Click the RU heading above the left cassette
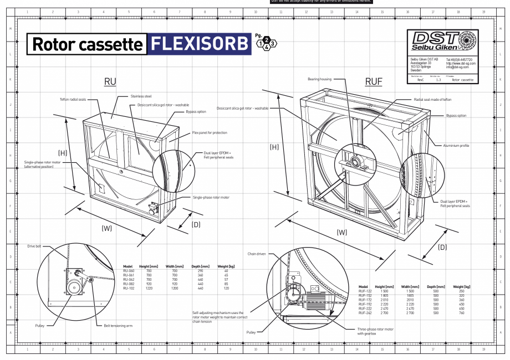[110, 82]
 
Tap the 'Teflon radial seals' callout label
[73, 100]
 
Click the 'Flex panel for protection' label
[210, 133]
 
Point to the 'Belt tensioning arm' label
[117, 326]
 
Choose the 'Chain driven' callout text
[258, 253]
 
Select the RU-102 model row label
[129, 288]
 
